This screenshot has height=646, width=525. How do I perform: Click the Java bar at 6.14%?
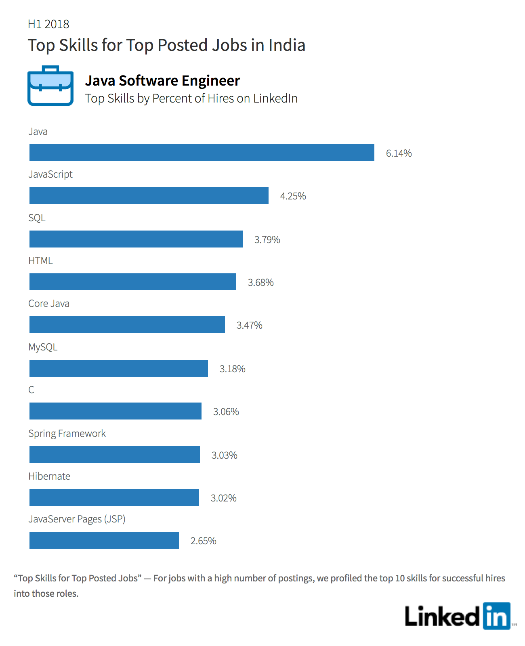202,153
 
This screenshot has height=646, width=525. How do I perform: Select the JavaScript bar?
149,195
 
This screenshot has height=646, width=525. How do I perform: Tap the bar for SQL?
136,239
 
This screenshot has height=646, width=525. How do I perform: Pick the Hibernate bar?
114,497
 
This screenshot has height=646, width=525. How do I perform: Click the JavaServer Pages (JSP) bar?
104,540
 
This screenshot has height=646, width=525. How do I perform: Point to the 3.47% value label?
249,325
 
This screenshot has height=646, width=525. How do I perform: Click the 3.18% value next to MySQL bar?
232,369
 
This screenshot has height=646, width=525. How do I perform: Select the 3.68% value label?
260,282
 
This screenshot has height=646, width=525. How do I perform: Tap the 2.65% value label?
203,541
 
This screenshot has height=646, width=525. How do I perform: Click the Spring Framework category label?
67,434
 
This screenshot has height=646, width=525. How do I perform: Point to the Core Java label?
49,304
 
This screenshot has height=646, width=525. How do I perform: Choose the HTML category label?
41,260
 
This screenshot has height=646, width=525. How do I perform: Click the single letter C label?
31,390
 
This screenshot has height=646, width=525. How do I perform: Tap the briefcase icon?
50,86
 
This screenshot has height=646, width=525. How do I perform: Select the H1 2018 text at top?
48,24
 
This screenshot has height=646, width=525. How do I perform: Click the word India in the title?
287,45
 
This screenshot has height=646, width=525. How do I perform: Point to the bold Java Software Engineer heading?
163,81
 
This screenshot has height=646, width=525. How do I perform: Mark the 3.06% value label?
226,411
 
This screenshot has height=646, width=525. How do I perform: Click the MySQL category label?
43,347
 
